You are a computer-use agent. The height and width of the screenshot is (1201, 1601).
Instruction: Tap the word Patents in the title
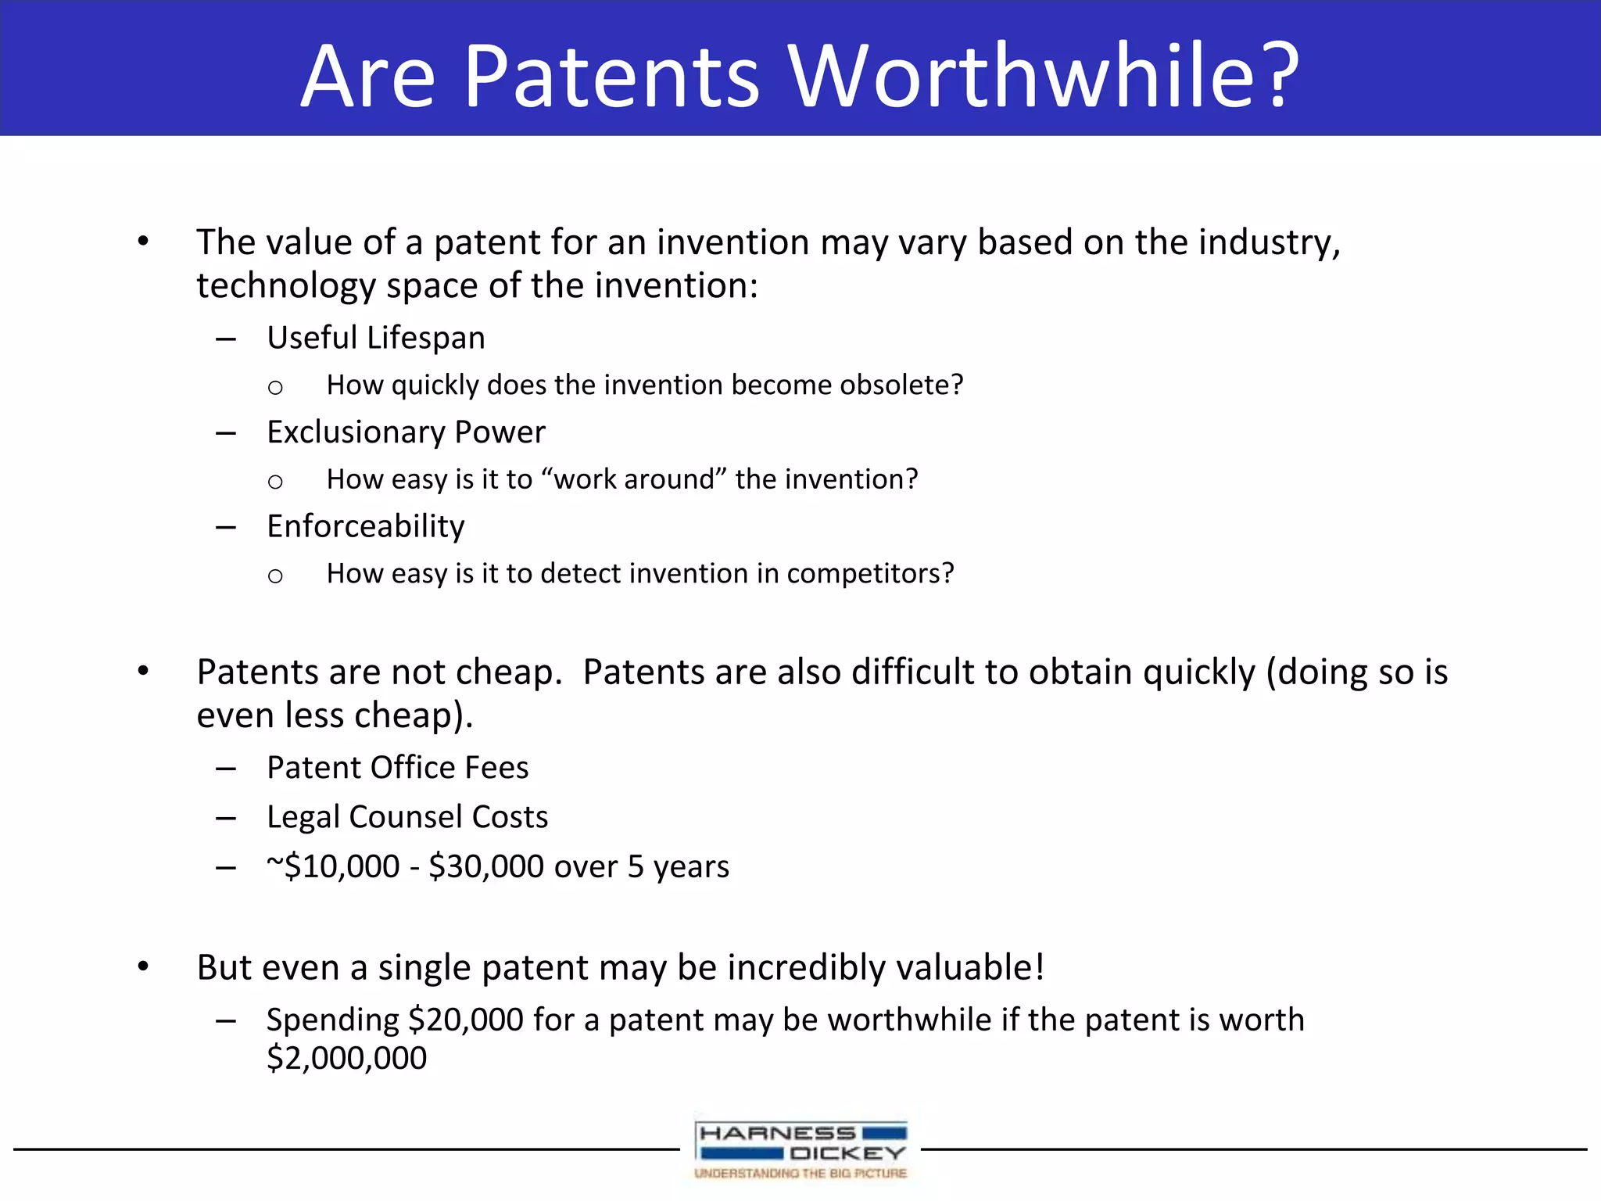611,76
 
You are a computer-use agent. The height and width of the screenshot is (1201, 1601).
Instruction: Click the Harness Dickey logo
800,1148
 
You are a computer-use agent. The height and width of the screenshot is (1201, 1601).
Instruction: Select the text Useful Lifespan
375,338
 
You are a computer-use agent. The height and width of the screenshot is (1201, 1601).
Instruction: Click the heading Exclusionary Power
406,432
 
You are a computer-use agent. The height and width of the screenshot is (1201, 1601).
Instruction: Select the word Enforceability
365,526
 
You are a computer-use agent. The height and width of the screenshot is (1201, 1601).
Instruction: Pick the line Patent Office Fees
397,767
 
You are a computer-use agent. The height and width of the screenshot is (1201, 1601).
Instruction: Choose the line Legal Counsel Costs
407,816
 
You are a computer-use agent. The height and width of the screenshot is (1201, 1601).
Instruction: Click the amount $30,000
486,866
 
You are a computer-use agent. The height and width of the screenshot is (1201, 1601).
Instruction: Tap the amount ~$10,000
333,866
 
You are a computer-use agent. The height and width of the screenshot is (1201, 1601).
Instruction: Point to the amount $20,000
466,1020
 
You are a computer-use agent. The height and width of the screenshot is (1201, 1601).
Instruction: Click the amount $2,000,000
346,1058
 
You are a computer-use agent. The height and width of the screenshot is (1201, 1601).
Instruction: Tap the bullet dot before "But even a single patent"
143,967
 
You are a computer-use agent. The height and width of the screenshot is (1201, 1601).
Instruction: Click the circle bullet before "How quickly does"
275,387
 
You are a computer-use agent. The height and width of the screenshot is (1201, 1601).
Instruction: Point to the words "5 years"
678,866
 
